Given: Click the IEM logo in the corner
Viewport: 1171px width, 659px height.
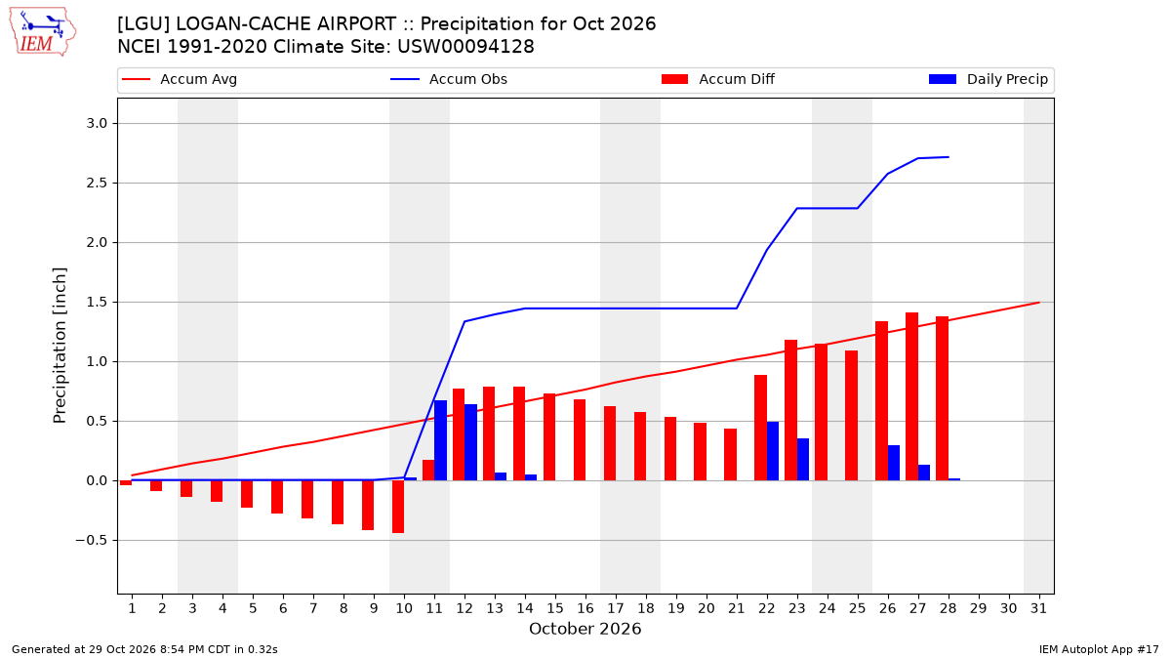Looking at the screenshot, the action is [43, 32].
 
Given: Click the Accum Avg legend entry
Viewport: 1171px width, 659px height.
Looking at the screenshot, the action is [180, 79].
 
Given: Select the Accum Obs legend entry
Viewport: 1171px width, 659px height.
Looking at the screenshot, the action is [449, 79].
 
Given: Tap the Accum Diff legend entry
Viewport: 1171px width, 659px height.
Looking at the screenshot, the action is [718, 79].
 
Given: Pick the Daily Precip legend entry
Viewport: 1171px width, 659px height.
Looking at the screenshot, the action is [988, 79].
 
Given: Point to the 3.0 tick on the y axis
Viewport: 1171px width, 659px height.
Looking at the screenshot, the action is [97, 123].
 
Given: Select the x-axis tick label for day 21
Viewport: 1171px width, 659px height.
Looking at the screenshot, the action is [737, 609].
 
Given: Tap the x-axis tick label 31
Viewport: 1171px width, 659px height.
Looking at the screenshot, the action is [1038, 609].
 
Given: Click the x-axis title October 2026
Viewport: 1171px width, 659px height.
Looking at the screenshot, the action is [585, 629].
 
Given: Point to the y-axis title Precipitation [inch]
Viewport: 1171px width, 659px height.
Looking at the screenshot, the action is [60, 346].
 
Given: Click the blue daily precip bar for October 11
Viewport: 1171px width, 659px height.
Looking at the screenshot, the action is [441, 440].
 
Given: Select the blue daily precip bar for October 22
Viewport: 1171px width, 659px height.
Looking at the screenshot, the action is [773, 451].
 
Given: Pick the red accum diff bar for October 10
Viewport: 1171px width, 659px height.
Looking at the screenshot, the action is [398, 507].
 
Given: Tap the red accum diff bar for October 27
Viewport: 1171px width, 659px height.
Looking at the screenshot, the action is [911, 396].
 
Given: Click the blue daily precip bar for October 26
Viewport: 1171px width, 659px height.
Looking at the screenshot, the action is [894, 463].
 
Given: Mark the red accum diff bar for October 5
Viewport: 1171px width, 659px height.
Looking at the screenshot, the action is [247, 494].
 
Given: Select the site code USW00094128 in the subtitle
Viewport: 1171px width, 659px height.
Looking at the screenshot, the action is [465, 47].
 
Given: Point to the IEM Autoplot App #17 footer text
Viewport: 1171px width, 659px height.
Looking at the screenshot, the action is [1099, 649].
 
